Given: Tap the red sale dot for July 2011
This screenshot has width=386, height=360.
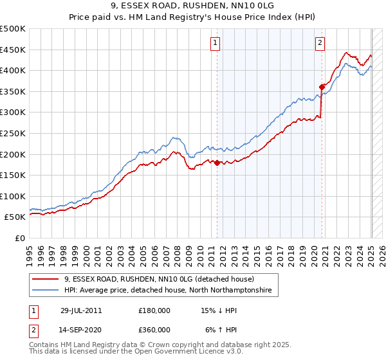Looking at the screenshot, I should [217, 163].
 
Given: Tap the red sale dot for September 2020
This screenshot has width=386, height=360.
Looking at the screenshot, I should [322, 87].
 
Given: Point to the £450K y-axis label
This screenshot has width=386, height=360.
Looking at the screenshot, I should [13, 50].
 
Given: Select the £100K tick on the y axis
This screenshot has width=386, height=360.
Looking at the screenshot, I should [13, 196].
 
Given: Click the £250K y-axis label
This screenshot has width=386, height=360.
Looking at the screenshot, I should [13, 133].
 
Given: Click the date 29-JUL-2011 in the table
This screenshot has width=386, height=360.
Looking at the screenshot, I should [81, 310].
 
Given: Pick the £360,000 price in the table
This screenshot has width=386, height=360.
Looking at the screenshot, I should [154, 329].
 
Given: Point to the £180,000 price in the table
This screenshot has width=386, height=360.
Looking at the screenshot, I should [154, 310].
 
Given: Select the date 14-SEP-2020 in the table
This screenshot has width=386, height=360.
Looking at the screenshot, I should [81, 329].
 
